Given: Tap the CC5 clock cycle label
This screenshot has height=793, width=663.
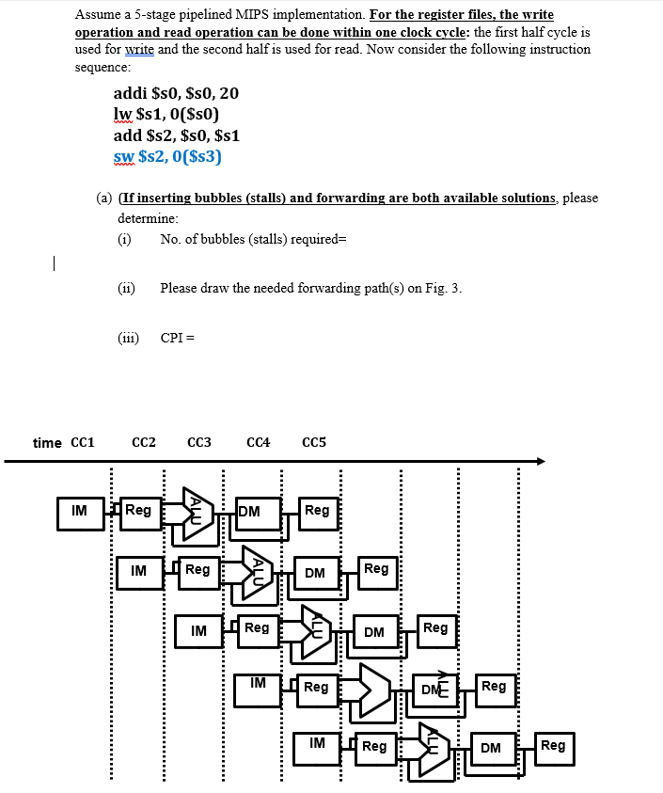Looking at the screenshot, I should coord(314,442).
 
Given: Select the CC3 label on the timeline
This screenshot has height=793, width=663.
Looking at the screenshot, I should coord(199,442).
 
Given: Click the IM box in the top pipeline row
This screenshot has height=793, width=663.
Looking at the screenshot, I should coord(80,512).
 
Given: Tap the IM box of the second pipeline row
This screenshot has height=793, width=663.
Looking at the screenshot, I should coord(138,571).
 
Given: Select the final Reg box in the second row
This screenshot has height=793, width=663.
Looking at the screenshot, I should coord(376,570).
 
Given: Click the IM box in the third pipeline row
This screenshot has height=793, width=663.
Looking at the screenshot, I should coord(198,630).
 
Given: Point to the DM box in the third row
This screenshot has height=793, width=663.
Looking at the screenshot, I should coord(374,632).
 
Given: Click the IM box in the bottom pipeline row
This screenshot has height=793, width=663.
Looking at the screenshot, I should coord(317,744).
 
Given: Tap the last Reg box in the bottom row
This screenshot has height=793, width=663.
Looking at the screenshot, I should coord(553,747).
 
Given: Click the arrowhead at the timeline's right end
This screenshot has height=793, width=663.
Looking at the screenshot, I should coord(540,461).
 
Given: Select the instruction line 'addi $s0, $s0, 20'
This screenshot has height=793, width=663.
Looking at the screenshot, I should coord(176,93).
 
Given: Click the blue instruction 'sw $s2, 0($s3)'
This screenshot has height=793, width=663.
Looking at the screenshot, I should coord(167,156).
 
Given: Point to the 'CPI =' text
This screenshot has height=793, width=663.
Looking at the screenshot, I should coord(178,338).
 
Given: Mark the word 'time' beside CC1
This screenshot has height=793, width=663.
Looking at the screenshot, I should coord(47,442).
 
